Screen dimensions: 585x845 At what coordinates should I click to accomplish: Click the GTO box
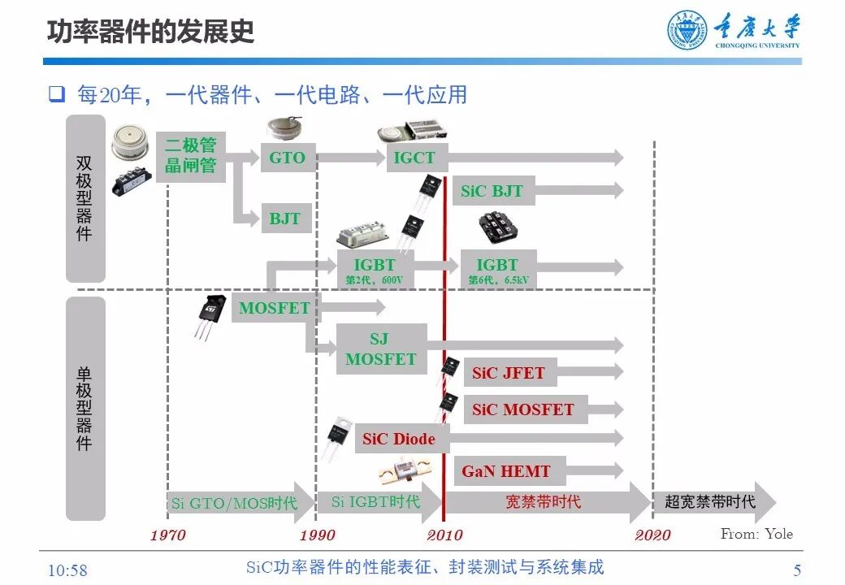tap(287, 158)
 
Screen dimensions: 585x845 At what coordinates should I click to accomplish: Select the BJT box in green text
tap(285, 219)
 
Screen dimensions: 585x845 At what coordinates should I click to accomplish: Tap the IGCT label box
tap(414, 158)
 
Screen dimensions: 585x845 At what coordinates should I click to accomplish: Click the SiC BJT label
tap(492, 192)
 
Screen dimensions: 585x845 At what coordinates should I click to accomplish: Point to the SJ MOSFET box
tap(380, 349)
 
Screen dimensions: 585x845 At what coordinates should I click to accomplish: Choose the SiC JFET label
tap(509, 374)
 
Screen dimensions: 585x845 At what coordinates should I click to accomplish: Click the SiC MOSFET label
tap(522, 409)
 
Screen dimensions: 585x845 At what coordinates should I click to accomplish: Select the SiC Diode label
tap(399, 440)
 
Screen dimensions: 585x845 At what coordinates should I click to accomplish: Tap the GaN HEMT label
tap(505, 471)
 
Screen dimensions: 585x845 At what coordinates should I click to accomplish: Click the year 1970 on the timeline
tap(167, 535)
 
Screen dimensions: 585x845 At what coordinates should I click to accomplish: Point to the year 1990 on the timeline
tap(317, 535)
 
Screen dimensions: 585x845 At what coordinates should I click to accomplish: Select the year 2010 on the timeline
tap(444, 535)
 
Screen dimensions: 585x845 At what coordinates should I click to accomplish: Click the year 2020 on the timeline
tap(652, 535)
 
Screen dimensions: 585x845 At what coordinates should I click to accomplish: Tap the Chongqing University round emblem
tap(687, 31)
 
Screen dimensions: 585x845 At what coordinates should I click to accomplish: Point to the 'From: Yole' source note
tap(756, 534)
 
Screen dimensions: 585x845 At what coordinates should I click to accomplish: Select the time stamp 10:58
tap(67, 570)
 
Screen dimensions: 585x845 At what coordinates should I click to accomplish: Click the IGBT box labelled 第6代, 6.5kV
tap(496, 269)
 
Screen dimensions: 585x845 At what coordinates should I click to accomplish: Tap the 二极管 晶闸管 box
tap(190, 156)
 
